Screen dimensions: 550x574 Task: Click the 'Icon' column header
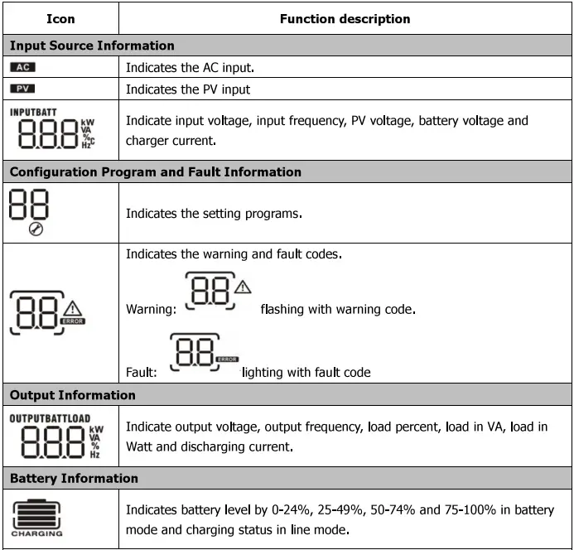60,18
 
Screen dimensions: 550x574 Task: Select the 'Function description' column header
345,18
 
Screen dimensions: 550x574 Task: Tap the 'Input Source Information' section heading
92,46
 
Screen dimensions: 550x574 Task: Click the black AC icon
22,67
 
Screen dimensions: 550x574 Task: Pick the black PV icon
22,88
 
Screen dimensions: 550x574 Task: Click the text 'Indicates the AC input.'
191,67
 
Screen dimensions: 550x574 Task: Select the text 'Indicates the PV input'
187,89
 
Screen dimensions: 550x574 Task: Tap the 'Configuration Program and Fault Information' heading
155,172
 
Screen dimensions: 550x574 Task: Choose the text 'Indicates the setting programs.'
214,213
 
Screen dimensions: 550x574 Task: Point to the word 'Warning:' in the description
151,310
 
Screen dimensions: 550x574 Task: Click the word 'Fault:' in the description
142,373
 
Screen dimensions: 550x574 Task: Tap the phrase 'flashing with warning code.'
337,310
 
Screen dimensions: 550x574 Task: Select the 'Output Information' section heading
72,395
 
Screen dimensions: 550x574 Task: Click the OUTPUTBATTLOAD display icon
50,437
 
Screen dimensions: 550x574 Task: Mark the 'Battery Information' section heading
74,478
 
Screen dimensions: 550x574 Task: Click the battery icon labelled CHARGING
37,514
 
